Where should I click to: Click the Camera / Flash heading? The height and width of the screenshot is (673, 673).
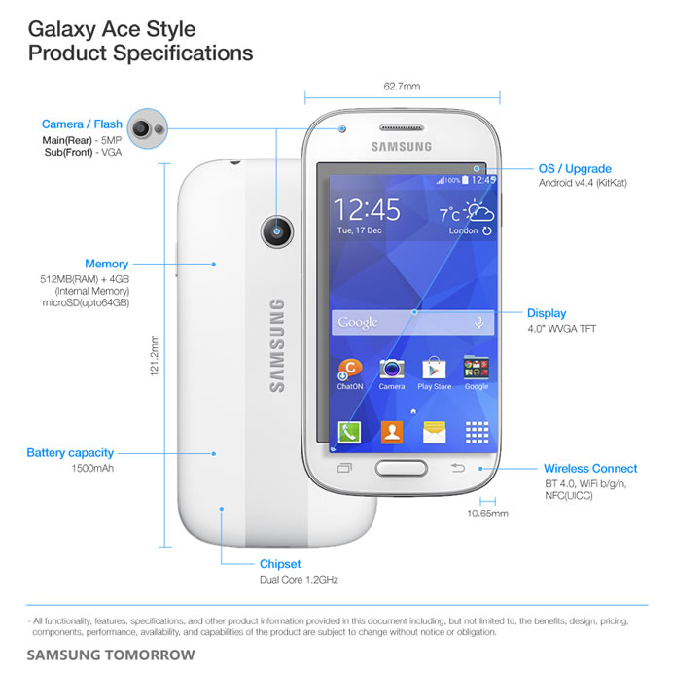pos(82,124)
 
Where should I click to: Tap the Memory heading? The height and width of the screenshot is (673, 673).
pos(106,264)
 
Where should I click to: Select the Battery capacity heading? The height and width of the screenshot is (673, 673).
pos(70,453)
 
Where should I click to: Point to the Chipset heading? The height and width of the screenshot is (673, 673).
pos(280,564)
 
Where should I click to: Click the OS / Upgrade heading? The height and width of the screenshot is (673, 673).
pos(575,169)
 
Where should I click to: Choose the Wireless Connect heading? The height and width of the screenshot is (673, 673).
pos(590,468)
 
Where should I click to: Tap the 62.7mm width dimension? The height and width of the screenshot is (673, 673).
pos(403,87)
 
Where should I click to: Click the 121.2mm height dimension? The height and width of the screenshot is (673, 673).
pos(154,356)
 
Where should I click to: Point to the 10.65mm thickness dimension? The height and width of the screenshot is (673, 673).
pos(487,514)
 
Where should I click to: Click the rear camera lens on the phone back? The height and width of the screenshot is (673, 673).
pos(277,231)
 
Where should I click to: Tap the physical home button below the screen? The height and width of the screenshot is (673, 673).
pos(402,468)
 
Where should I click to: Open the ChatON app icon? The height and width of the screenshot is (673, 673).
pos(350,370)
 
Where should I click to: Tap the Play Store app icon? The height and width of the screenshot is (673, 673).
pos(434,369)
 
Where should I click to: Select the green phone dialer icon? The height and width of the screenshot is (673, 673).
pos(349,432)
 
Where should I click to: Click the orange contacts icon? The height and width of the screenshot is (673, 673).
pos(392,432)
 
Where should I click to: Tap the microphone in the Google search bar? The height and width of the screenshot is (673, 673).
pos(479,322)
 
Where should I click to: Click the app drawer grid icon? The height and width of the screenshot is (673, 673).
pos(477,432)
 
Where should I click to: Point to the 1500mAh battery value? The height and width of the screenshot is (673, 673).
pos(92,468)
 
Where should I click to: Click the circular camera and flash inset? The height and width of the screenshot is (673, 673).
pos(148,128)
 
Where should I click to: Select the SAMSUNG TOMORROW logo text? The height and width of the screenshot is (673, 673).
pos(111,655)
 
